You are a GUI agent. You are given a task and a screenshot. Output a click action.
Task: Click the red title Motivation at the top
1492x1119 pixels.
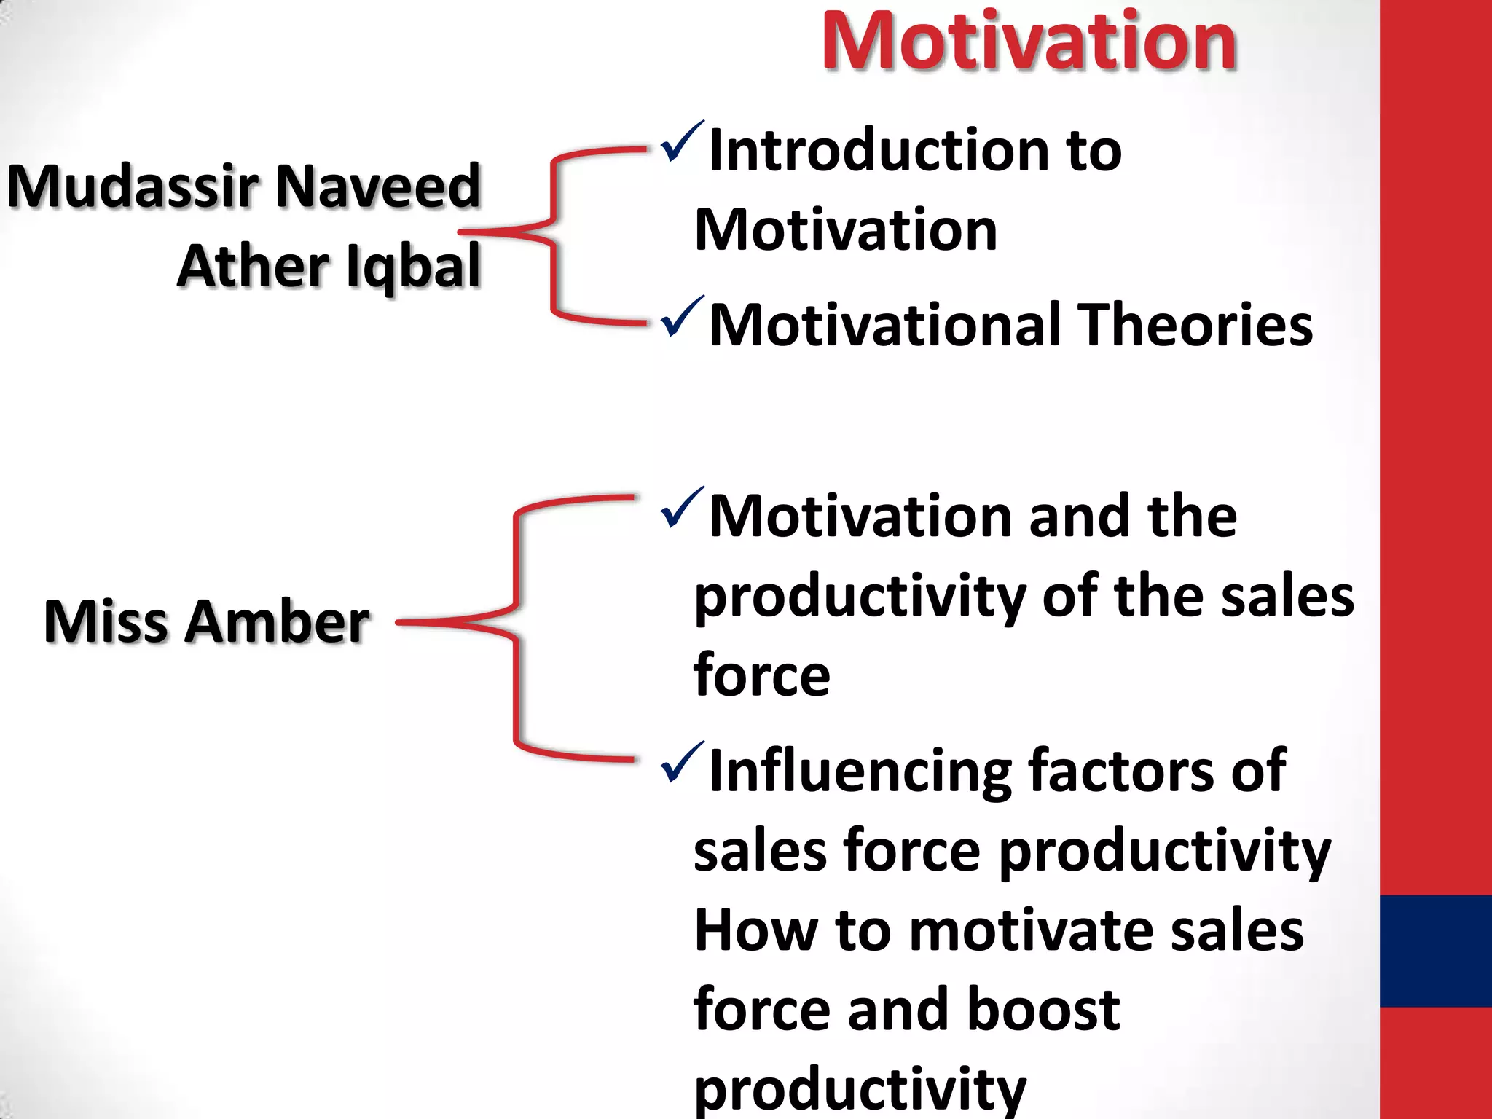click(1029, 42)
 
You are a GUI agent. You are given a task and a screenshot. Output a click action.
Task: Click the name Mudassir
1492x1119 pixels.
click(133, 187)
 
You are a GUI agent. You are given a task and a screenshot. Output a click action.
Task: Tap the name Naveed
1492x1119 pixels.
click(379, 187)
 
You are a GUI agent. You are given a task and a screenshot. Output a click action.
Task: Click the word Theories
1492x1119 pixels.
click(1195, 325)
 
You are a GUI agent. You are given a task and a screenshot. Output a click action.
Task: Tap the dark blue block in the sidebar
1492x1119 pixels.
click(1435, 951)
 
